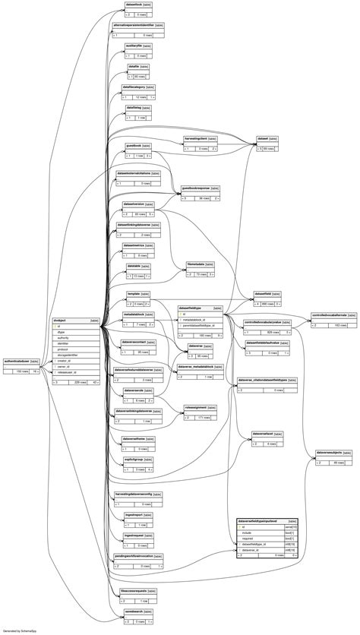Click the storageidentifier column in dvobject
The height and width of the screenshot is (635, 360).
[68, 355]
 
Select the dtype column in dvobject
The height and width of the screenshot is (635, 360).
[62, 333]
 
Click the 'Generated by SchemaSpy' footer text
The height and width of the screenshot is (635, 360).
[20, 630]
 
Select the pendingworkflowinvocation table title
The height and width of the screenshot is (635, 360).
[134, 556]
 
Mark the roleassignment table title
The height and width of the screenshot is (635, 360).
[196, 407]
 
